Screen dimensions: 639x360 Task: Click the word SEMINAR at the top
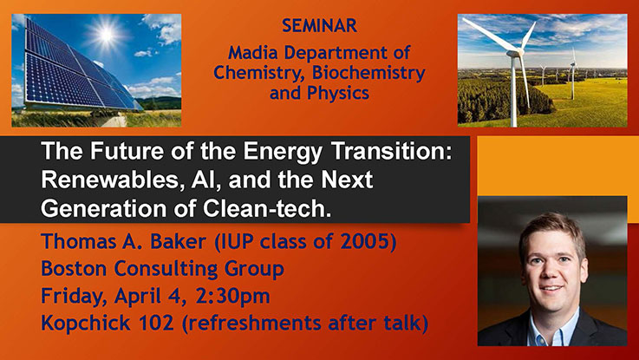[319, 26]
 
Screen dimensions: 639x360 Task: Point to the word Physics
[338, 94]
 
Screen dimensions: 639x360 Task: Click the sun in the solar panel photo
[107, 35]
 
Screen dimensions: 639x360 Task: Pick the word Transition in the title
[392, 150]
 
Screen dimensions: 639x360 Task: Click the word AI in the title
[201, 180]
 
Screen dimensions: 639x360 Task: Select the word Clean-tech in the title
[267, 208]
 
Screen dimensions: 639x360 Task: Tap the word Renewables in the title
[110, 180]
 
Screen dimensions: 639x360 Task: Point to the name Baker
[178, 241]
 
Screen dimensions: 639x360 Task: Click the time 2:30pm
[232, 297]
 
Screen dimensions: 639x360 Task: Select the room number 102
[156, 324]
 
